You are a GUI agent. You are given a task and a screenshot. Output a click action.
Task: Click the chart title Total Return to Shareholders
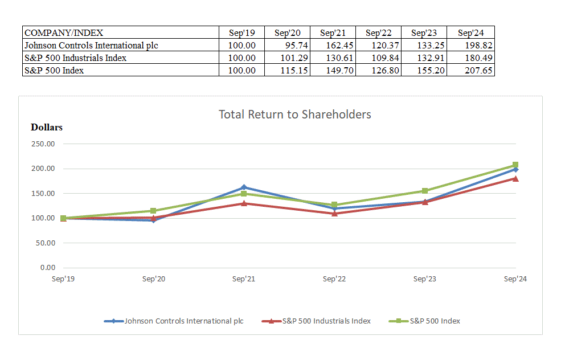click(x=294, y=114)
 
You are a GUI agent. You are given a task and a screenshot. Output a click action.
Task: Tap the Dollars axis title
click(x=47, y=128)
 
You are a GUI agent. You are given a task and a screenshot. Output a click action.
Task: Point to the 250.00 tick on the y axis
click(x=43, y=144)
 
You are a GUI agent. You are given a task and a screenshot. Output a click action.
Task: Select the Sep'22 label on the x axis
click(x=334, y=279)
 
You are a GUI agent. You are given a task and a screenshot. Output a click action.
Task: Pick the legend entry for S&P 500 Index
click(x=435, y=321)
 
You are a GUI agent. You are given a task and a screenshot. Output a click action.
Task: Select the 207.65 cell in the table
click(x=470, y=71)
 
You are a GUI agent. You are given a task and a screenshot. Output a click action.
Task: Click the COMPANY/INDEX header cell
click(x=121, y=33)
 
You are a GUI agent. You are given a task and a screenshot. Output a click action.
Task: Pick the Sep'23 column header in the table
click(x=424, y=33)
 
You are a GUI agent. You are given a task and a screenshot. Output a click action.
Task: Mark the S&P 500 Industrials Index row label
click(x=121, y=58)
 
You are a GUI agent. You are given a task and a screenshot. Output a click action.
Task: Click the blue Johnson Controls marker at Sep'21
click(x=244, y=187)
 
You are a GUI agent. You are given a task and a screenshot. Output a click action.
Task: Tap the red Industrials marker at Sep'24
click(x=515, y=178)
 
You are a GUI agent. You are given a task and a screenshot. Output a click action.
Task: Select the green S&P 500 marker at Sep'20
click(x=153, y=211)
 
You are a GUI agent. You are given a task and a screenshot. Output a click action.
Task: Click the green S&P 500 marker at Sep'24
click(x=515, y=165)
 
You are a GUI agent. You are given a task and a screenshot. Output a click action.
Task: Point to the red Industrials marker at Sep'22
click(x=334, y=214)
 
